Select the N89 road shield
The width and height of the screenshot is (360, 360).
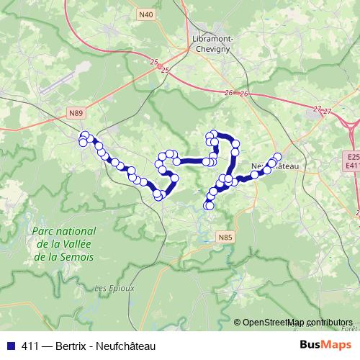77,113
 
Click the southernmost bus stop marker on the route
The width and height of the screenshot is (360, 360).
210,206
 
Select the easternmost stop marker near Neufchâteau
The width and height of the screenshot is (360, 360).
277,156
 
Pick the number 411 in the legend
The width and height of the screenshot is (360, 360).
30,346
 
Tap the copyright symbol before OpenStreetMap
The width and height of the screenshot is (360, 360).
237,323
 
